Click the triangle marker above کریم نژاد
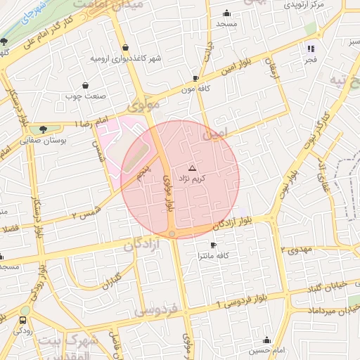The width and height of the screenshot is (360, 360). pos(192,169)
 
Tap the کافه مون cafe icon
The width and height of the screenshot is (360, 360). pos(195,79)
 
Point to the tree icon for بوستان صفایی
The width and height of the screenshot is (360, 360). pos(44,129)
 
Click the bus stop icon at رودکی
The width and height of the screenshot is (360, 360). pos(25,319)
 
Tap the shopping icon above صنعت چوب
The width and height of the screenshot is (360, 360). pos(85,85)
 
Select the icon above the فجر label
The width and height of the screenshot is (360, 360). pos(310,49)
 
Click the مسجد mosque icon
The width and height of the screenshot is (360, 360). pos(226,13)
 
